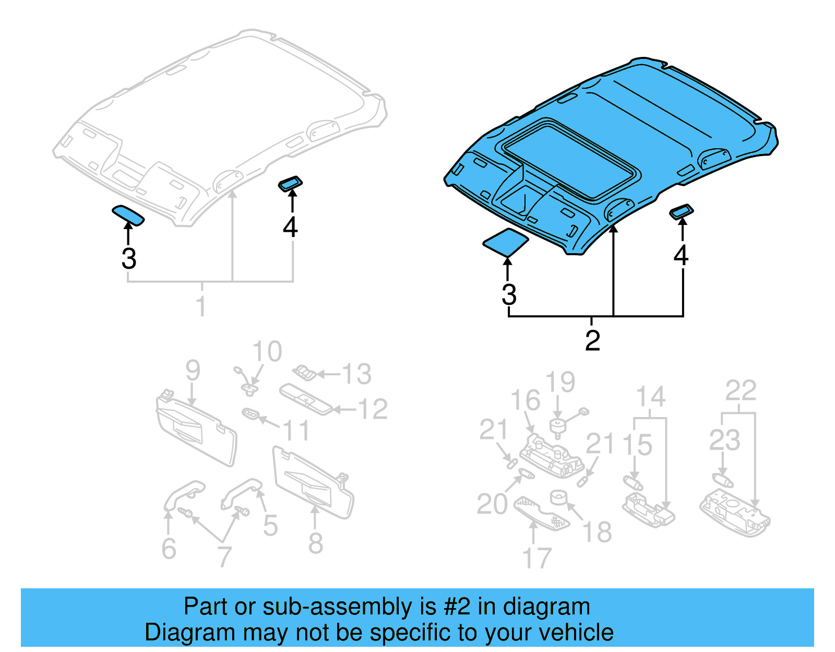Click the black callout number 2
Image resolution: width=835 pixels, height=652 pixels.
click(592, 341)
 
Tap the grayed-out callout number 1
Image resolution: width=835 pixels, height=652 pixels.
click(201, 305)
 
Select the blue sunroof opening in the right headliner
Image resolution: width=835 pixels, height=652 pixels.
click(569, 159)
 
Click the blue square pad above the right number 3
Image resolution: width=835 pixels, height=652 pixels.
click(505, 242)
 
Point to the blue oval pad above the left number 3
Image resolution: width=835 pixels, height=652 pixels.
click(128, 215)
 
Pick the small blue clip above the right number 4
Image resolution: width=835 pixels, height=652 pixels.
click(682, 211)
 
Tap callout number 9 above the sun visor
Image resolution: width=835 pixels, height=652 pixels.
click(193, 370)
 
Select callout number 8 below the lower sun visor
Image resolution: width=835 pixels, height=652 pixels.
click(315, 543)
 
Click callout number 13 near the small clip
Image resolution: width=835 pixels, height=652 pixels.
click(356, 374)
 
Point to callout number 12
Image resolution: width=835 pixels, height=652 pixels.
click(373, 409)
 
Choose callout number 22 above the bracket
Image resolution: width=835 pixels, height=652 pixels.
click(741, 390)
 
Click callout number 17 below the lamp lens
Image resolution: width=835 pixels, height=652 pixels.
click(537, 558)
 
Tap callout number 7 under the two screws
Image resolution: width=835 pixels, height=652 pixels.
click(224, 556)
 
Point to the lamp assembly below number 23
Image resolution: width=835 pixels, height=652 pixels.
click(735, 514)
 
